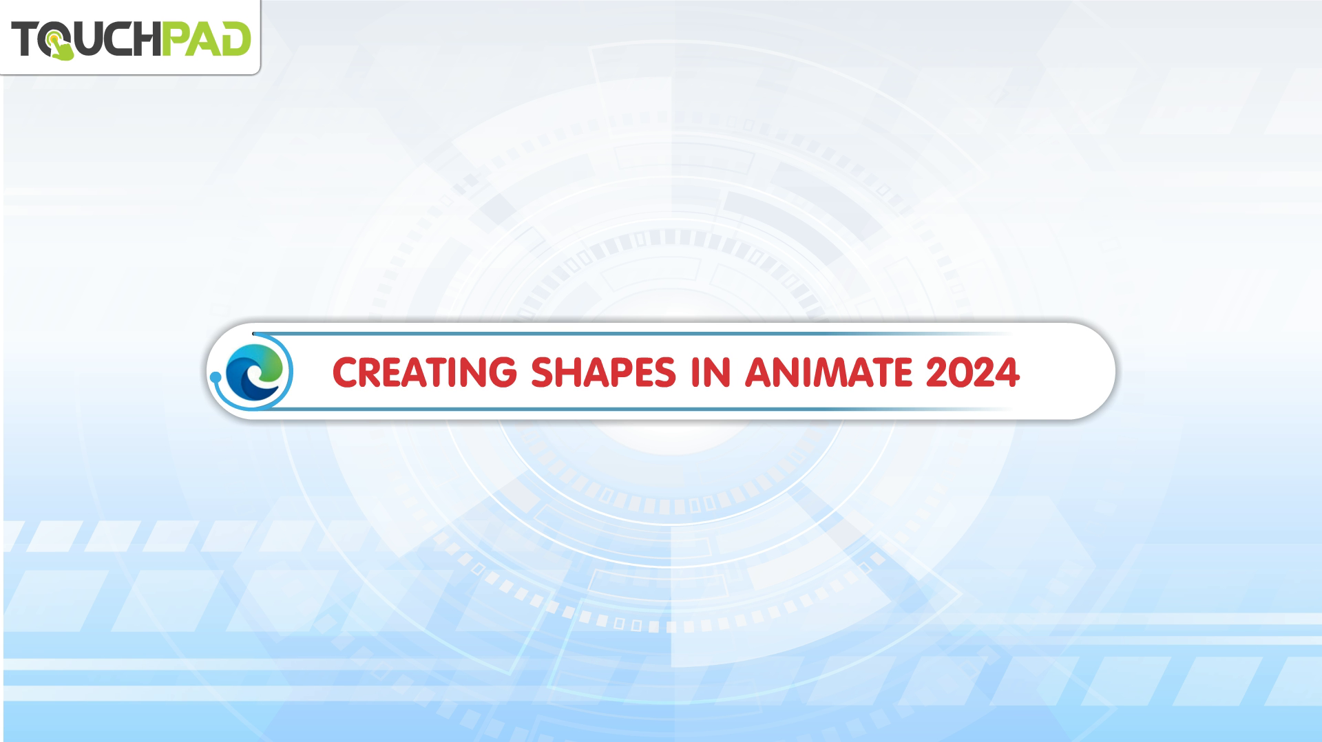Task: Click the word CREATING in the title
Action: click(424, 372)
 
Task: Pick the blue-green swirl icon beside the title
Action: click(254, 372)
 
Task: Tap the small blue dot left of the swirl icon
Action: click(215, 377)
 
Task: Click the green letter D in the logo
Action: click(235, 39)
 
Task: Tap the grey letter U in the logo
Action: click(87, 39)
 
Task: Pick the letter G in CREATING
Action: click(502, 373)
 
